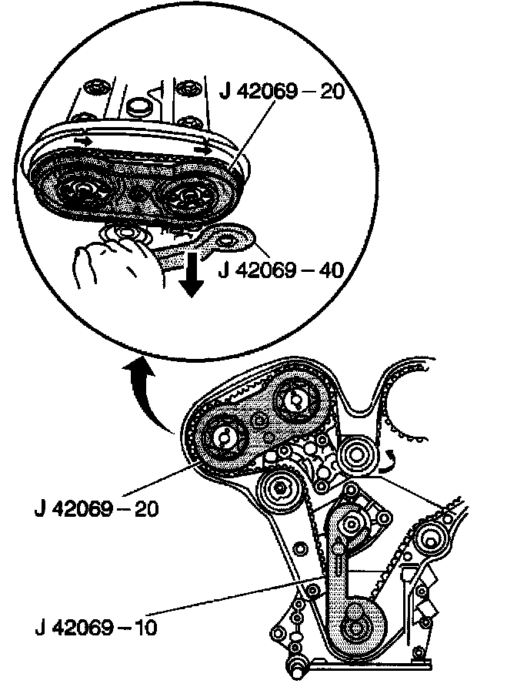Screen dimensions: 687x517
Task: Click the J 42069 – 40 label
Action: [282, 271]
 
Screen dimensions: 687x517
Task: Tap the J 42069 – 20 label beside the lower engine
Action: [96, 510]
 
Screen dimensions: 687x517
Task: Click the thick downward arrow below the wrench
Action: [192, 278]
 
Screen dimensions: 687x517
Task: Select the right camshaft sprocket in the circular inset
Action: [185, 193]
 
